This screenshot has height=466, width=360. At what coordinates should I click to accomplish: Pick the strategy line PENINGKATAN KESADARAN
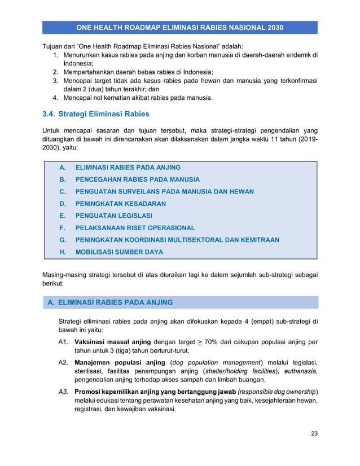121,204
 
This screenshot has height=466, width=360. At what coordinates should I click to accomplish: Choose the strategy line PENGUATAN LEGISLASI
114,216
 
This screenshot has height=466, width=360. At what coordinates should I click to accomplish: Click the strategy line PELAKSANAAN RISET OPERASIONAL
135,228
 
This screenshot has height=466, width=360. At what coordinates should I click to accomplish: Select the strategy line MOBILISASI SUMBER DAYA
119,252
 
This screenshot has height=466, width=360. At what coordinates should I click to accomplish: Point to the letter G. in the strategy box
62,240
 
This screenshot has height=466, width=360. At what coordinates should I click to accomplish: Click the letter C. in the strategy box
62,192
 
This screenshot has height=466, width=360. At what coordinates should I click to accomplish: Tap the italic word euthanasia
298,371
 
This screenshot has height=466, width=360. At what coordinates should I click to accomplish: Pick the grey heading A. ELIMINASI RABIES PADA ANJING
111,302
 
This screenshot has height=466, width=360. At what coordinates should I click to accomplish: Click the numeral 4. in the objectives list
56,98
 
